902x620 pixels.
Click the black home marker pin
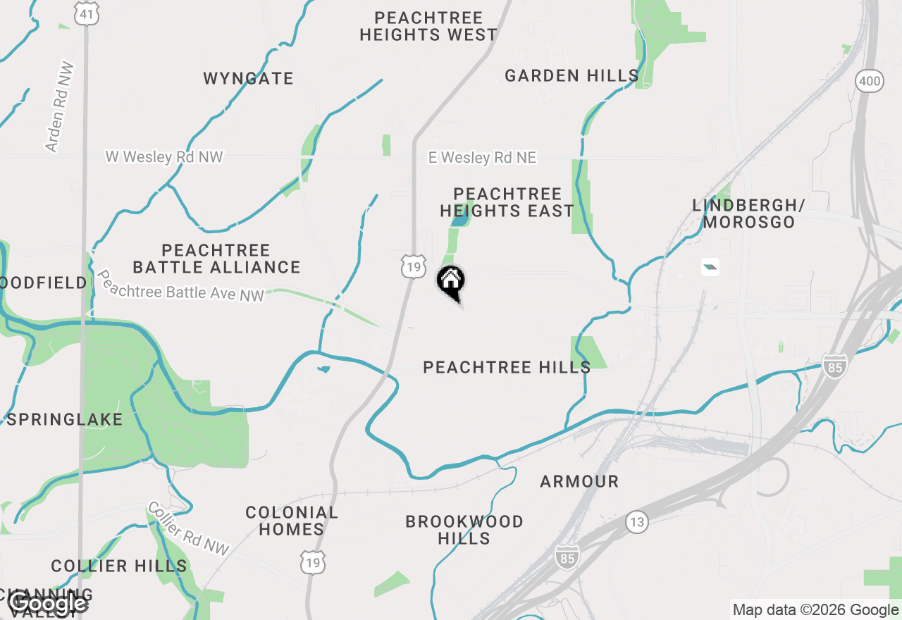coord(451,282)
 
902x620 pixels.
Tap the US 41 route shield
coord(88,14)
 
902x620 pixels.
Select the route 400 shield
coord(870,81)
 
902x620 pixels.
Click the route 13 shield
coord(637,522)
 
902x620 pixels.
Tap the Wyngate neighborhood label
coord(248,78)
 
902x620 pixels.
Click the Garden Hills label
coord(572,75)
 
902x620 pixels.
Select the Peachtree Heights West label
coord(428,26)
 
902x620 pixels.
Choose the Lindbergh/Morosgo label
coord(748,213)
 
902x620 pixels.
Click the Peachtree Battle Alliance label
coord(216,259)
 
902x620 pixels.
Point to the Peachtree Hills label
coord(507,367)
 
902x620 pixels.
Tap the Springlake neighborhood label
coord(65,420)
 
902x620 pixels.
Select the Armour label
coord(579,482)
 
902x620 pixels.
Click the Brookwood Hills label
coord(464,530)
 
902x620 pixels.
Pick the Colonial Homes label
coord(291,521)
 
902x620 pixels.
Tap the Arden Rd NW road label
coord(60,107)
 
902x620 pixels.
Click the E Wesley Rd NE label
coord(482,158)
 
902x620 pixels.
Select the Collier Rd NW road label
coord(188,528)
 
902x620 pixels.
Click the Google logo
coord(48,602)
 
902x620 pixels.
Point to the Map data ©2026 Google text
coord(815,610)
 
